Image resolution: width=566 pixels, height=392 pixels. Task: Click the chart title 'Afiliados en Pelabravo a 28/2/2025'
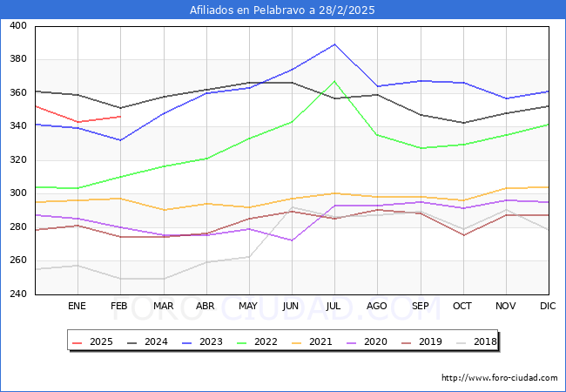click(283, 10)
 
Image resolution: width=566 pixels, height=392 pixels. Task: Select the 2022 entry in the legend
click(258, 341)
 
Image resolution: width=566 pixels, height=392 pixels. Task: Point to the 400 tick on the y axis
click(17, 26)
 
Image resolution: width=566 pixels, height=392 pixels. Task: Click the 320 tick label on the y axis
click(17, 160)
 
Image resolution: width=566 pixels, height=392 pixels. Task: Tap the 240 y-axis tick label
click(17, 294)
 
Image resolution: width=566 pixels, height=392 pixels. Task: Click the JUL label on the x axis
click(334, 307)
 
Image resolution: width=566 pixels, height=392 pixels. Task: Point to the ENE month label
click(77, 307)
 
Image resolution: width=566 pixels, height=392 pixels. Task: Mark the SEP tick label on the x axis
click(421, 307)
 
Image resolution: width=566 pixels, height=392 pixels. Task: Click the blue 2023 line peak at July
click(335, 44)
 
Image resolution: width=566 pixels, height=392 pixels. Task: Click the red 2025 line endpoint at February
click(120, 117)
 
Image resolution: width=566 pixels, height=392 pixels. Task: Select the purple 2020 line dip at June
click(292, 240)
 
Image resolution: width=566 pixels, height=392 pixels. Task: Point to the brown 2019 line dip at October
click(463, 235)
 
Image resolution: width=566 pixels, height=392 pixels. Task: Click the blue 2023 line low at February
click(120, 140)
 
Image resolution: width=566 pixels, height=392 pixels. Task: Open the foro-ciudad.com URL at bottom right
click(499, 378)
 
